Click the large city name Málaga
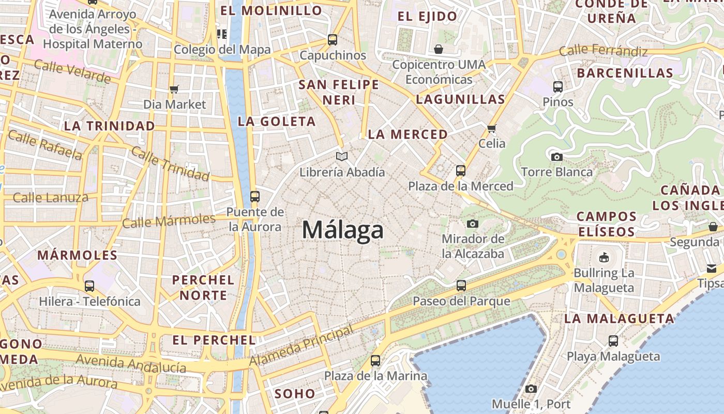point(343,230)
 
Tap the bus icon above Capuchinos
point(333,39)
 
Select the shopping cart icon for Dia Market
point(174,89)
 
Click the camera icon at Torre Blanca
point(556,157)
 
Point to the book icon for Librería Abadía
point(342,156)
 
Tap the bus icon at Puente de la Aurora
point(254,197)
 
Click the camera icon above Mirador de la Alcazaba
point(472,224)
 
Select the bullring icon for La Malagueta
point(604,257)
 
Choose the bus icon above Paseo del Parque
point(461,285)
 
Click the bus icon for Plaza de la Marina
point(375,360)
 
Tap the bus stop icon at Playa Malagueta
point(613,341)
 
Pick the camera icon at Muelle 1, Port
point(531,389)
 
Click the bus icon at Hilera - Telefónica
point(89,286)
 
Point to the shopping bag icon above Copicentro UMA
point(439,49)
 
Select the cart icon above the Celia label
point(491,128)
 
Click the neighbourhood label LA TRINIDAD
point(109,126)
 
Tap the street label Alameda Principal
point(302,346)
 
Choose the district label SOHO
point(295,393)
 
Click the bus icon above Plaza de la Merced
point(460,170)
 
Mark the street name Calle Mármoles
point(169,221)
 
